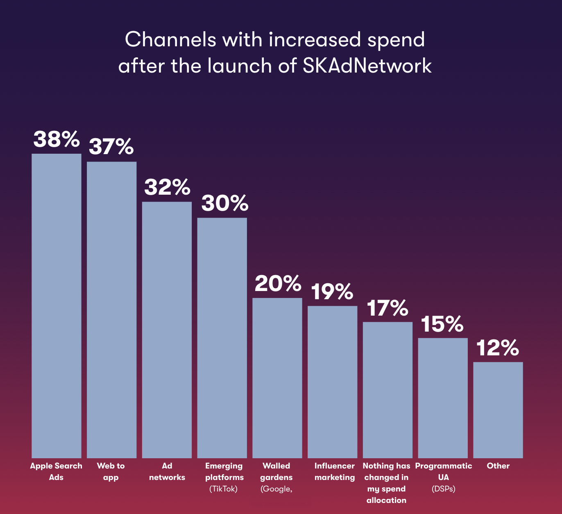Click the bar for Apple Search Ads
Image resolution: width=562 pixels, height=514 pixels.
tap(57, 306)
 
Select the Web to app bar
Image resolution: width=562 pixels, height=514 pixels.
tap(111, 310)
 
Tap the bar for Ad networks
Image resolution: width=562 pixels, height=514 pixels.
tap(167, 330)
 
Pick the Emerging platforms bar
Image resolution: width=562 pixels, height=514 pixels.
tap(222, 338)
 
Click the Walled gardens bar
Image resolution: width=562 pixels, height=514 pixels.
tap(277, 378)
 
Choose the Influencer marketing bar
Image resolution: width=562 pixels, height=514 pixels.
tap(332, 382)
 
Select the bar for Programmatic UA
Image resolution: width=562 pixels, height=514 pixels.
tap(443, 398)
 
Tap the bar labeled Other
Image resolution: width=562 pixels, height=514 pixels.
tap(498, 410)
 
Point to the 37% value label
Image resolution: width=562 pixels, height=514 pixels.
tap(111, 146)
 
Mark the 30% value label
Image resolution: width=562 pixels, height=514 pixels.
tap(225, 203)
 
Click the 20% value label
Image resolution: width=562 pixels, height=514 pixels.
tap(278, 283)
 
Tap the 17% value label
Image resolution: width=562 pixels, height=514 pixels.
tap(388, 308)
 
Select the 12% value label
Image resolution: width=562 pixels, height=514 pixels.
tap(498, 348)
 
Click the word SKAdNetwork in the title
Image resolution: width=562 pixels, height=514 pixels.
tap(367, 66)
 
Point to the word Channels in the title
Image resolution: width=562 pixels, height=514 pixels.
tap(170, 40)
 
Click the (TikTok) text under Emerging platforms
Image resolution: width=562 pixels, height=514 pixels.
tap(223, 489)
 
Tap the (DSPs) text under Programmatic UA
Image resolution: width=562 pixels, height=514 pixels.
tap(443, 489)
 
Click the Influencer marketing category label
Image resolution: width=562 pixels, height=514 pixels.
tap(335, 471)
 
